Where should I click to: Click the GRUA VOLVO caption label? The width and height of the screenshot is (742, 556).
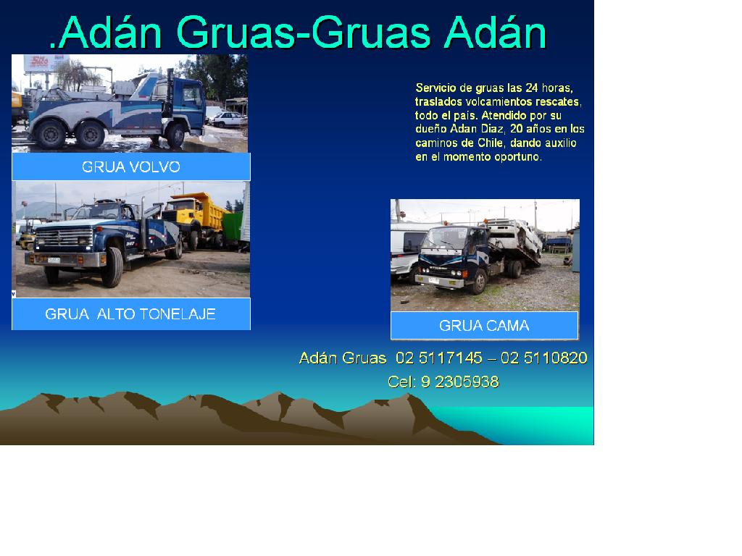[131, 167]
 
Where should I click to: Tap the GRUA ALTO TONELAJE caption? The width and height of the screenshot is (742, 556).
[130, 314]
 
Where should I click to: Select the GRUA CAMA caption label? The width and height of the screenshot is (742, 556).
[484, 325]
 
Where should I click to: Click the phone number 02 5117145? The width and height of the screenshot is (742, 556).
[438, 358]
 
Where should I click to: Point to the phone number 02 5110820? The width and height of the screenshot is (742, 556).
[543, 358]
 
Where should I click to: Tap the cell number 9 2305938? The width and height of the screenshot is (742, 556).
[459, 382]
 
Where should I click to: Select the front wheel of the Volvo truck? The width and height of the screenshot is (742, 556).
[175, 135]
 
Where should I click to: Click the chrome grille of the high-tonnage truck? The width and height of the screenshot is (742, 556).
[64, 236]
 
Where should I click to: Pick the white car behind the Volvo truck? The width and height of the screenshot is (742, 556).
[228, 119]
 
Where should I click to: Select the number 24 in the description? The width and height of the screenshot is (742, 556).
[531, 88]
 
